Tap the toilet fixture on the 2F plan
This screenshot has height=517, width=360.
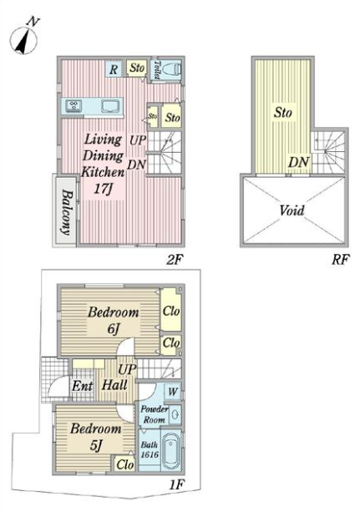tap(172, 69)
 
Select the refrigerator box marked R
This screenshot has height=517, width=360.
tap(114, 69)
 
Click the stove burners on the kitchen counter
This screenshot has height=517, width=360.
tap(74, 105)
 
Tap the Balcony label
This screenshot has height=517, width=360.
tap(66, 212)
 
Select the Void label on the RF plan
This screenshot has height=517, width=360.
tap(292, 210)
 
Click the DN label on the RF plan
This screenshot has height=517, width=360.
tap(299, 162)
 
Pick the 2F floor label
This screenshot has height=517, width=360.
tap(174, 260)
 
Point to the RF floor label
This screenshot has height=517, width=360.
tap(340, 260)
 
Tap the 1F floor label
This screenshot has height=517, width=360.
tap(177, 484)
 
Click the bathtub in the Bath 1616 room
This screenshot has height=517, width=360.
tap(171, 450)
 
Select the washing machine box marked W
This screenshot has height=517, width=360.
tap(172, 392)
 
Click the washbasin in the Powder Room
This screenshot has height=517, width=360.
tap(175, 414)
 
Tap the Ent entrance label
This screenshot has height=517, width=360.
tap(82, 386)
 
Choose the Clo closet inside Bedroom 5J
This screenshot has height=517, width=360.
tap(125, 464)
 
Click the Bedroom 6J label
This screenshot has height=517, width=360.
tap(113, 320)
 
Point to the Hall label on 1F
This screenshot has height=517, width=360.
tap(114, 385)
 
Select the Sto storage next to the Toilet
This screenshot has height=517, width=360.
tap(137, 68)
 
